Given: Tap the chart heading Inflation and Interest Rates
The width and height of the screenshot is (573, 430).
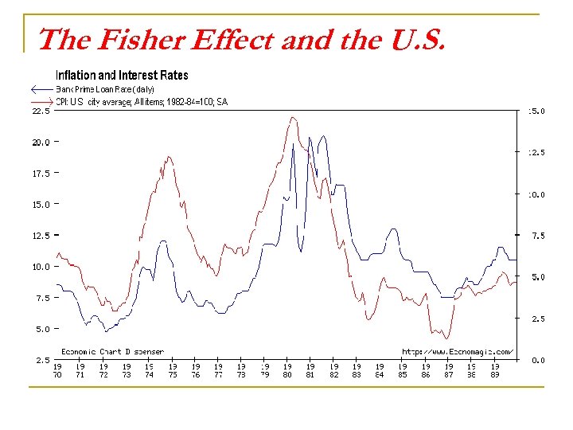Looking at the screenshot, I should [122, 75].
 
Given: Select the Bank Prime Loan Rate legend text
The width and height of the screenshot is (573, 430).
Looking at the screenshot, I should [105, 89].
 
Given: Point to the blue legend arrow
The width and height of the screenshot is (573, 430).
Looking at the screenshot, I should [41, 89].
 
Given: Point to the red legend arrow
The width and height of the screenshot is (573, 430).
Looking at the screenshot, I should [41, 102].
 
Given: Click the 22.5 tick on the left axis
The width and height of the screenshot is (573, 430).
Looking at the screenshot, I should [41, 111].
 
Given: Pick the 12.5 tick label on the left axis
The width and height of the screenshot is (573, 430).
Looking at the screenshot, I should [41, 236].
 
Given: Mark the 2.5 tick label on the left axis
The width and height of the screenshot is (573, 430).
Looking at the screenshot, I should [41, 360].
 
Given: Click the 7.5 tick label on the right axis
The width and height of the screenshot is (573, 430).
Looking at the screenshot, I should [537, 236].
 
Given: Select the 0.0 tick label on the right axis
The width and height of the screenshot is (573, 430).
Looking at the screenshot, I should [537, 360].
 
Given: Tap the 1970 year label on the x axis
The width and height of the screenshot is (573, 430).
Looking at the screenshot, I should [58, 370].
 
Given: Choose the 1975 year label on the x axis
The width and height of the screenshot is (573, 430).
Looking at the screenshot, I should [173, 370].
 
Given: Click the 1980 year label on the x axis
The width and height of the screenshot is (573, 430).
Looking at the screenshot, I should [288, 370].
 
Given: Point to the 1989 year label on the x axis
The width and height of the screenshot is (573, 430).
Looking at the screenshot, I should [494, 370].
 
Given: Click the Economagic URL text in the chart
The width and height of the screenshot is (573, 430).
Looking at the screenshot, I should [458, 351].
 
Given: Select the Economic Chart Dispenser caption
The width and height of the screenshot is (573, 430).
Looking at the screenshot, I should [113, 351].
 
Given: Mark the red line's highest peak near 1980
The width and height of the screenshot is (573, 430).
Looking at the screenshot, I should [294, 118].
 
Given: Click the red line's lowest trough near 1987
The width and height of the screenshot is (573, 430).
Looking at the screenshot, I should [447, 339].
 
